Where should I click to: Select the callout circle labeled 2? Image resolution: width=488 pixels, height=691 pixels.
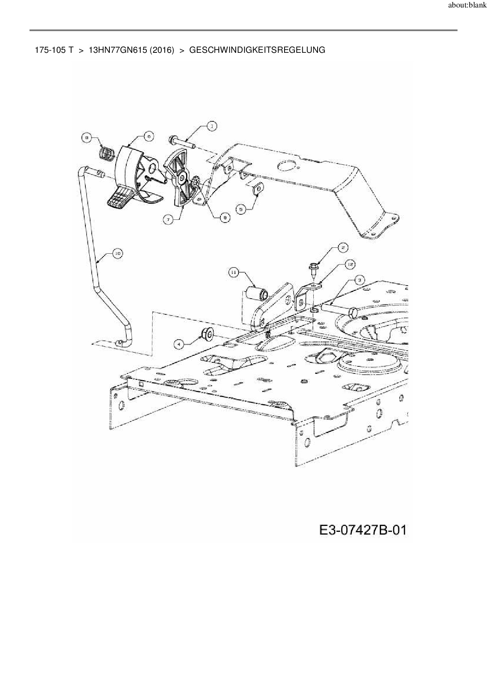tap(343, 247)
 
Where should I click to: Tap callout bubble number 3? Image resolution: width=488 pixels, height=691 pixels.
tap(359, 280)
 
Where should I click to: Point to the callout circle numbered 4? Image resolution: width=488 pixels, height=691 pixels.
tap(179, 344)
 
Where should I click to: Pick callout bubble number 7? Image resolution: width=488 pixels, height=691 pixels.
tap(168, 221)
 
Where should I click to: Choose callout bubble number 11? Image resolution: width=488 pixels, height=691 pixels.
tap(233, 272)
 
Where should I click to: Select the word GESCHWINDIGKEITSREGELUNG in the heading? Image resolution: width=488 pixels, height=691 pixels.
tap(257, 50)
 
